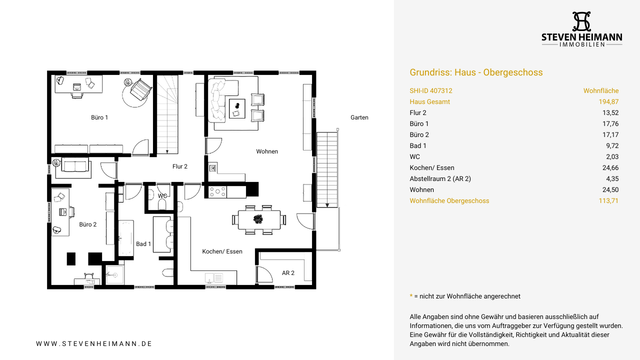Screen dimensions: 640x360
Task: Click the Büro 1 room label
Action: click(x=99, y=117)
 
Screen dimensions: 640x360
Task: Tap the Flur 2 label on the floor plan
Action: click(x=179, y=166)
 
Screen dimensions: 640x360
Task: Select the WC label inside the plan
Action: click(x=162, y=195)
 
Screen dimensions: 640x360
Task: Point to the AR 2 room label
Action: click(x=288, y=273)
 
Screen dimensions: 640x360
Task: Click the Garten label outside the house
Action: click(x=359, y=117)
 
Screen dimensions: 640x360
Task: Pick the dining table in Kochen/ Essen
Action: click(x=259, y=219)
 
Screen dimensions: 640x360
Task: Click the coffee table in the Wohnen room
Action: click(x=237, y=108)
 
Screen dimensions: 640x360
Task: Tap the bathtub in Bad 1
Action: click(x=126, y=237)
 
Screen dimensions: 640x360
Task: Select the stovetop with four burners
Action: click(x=217, y=191)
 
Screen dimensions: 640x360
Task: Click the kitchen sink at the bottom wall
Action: click(x=213, y=277)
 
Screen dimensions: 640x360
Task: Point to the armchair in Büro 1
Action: click(x=140, y=89)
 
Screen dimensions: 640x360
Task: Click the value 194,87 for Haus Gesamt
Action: click(x=608, y=101)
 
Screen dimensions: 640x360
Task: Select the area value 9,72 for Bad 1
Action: click(x=612, y=145)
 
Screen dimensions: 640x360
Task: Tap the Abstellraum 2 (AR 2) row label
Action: click(x=440, y=179)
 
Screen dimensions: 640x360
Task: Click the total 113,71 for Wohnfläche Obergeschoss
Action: click(x=608, y=201)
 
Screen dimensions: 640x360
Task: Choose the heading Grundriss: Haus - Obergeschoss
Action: click(x=476, y=72)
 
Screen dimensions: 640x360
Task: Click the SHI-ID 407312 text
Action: click(x=431, y=91)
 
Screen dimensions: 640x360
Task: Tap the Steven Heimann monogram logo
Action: click(x=581, y=21)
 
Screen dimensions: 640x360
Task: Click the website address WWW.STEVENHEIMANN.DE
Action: click(x=94, y=343)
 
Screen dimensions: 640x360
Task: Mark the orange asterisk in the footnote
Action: click(x=411, y=295)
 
